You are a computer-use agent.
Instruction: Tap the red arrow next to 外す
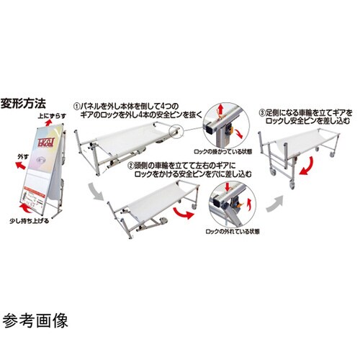pos(10,164)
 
